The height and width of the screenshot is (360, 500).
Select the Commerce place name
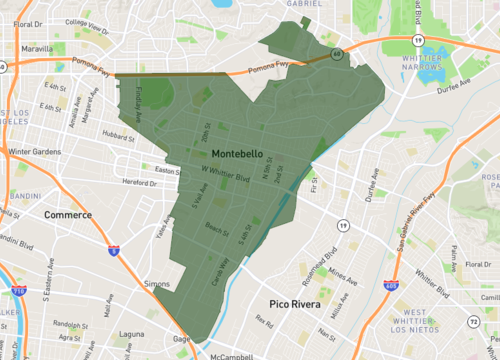click(x=68, y=215)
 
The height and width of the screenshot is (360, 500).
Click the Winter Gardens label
click(x=36, y=152)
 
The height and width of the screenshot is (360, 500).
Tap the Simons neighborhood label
click(x=156, y=284)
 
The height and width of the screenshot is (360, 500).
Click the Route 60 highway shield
click(x=337, y=53)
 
